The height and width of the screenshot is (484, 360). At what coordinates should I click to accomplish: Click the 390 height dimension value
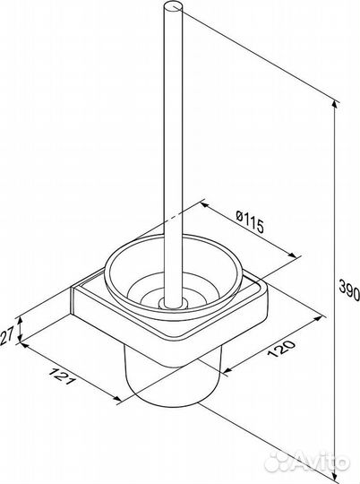(x=349, y=290)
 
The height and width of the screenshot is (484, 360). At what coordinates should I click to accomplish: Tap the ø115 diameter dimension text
(x=250, y=222)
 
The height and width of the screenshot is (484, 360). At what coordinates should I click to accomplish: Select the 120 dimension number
(x=281, y=348)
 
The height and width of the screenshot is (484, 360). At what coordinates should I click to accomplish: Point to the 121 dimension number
(x=62, y=376)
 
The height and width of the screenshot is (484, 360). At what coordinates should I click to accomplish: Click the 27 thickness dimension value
(x=7, y=336)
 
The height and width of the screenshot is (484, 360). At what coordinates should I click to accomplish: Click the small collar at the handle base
(x=173, y=305)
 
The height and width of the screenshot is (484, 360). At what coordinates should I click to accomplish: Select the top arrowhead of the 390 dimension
(x=335, y=105)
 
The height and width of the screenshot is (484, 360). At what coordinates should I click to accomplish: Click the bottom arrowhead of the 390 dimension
(x=335, y=479)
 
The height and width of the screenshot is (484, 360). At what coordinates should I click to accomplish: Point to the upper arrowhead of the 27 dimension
(x=20, y=320)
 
